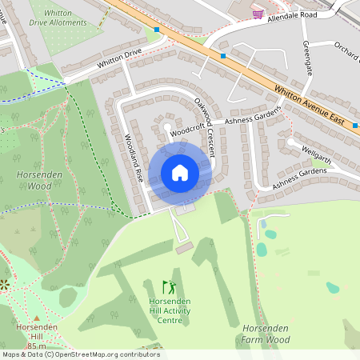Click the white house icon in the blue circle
(180, 172)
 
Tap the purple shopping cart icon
(258, 14)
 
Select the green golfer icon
(168, 286)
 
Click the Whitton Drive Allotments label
(57, 18)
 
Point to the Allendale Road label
(293, 16)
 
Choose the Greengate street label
(306, 58)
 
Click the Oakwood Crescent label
(205, 126)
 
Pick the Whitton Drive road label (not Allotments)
(118, 62)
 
